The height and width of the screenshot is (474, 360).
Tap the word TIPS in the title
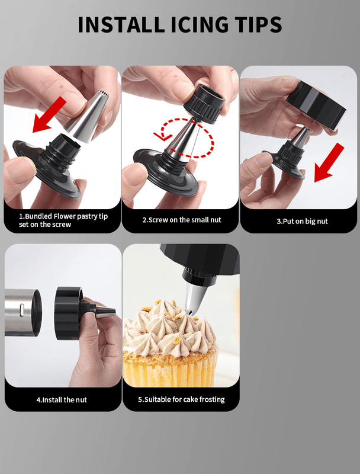click(x=256, y=24)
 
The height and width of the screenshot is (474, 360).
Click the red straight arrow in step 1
click(x=49, y=114)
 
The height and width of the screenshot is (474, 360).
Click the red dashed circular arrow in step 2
click(x=184, y=137)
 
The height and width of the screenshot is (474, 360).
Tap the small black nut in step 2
click(x=205, y=104)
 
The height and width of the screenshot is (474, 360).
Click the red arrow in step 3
click(x=329, y=163)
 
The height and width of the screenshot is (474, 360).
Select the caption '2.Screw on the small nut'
click(x=182, y=220)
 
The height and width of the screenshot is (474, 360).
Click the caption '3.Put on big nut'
click(x=302, y=221)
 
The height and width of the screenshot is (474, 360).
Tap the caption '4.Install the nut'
click(x=62, y=400)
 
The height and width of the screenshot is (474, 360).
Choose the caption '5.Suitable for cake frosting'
click(x=181, y=399)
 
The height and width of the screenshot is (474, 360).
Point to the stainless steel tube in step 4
click(x=22, y=313)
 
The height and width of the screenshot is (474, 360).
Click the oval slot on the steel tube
click(x=22, y=310)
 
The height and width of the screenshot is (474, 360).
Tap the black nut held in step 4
click(x=69, y=313)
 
